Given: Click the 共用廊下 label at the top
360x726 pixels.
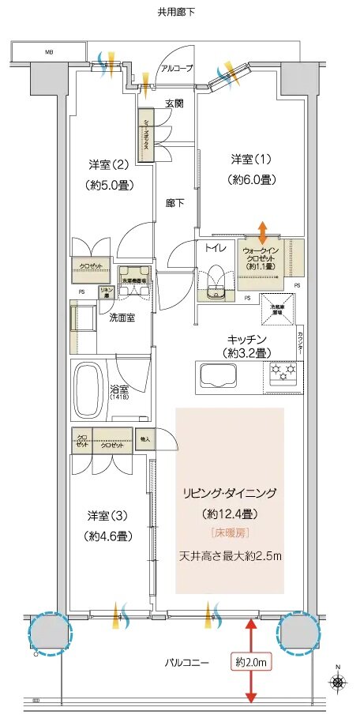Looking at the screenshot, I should pos(176,12).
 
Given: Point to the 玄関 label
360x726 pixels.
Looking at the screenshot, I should pos(174,103).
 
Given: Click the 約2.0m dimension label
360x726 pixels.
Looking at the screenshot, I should pos(250,660).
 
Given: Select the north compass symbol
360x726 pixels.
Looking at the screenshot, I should pos(338,682).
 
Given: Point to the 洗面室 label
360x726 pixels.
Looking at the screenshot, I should pos(123,317).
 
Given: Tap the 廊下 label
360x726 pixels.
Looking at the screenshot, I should pos(174,203).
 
